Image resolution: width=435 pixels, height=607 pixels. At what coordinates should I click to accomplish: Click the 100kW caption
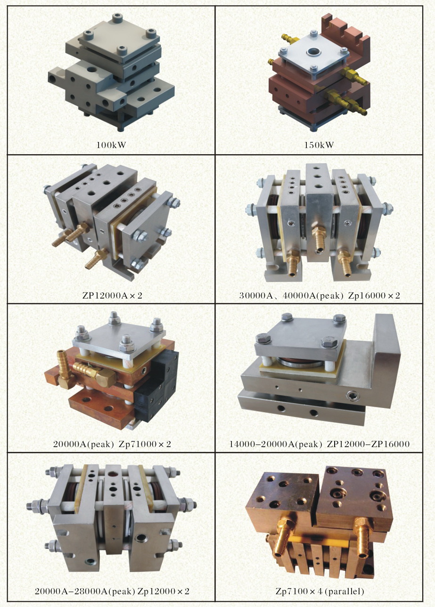(111, 145)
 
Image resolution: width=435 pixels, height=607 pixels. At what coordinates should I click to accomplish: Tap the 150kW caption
(319, 145)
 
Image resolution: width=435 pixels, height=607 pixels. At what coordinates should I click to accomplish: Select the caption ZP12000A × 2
(112, 295)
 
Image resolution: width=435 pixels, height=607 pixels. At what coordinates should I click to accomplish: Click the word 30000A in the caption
(256, 295)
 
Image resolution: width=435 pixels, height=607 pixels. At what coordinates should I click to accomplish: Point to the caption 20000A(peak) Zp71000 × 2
(112, 444)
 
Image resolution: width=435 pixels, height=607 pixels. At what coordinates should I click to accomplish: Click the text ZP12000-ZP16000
(368, 444)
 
